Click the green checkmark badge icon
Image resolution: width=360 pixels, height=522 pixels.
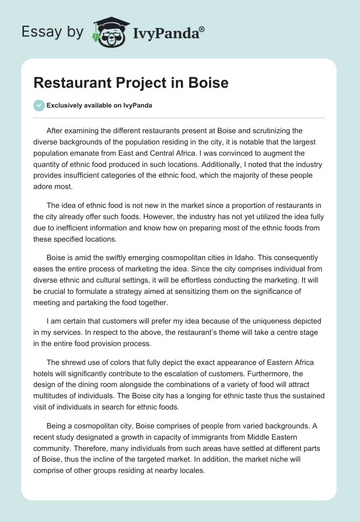point(39,105)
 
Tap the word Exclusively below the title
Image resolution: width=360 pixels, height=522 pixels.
point(64,106)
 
